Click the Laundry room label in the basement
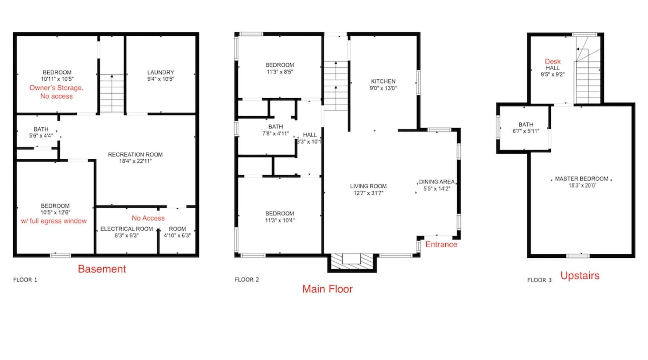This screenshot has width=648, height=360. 161,72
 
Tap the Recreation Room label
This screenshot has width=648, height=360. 135,154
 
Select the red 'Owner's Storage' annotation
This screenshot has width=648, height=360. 56,88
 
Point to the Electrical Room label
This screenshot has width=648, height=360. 127,229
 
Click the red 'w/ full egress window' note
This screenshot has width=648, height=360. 54,221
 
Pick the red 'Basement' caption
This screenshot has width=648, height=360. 102,269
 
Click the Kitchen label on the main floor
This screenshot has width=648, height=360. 383,81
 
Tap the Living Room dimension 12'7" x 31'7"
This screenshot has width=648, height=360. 368,193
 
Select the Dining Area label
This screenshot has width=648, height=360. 437,182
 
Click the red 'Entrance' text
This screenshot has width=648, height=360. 441,244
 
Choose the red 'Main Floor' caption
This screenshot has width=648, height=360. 327,289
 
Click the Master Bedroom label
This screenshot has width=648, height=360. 582,179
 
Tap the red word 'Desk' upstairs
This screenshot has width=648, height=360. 553,62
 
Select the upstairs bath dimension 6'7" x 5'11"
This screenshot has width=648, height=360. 526,131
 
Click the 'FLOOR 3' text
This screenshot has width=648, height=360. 539,280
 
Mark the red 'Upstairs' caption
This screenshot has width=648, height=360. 580,276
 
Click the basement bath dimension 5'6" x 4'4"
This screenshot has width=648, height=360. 41,136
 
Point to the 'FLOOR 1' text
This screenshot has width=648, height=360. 25,280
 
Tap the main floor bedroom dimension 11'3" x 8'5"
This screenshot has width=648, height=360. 280,72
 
